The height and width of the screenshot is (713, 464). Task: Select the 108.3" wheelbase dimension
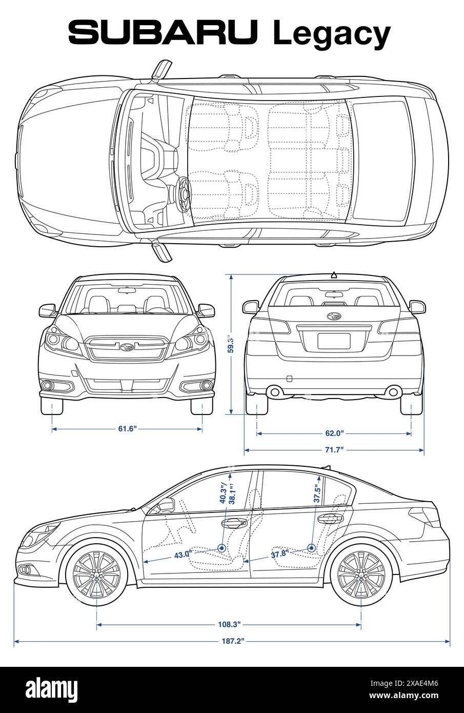[x=228, y=624]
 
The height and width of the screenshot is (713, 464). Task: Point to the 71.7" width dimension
[x=334, y=450]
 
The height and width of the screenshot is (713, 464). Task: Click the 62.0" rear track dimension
[x=334, y=433]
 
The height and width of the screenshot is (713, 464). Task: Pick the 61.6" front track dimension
[x=127, y=429]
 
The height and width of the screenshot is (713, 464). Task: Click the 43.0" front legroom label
[x=183, y=554]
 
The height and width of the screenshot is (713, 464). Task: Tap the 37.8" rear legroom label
[x=279, y=553]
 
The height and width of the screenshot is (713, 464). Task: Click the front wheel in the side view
[x=96, y=576]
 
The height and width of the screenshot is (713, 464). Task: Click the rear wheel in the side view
[x=361, y=576]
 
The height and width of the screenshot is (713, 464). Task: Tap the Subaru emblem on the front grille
[x=127, y=347]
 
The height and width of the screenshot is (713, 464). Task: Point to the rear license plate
[x=334, y=341]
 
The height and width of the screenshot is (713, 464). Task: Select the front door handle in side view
[x=233, y=523]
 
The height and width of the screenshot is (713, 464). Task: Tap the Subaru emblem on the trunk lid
[x=334, y=316]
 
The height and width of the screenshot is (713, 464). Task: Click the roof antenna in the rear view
[x=334, y=274]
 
